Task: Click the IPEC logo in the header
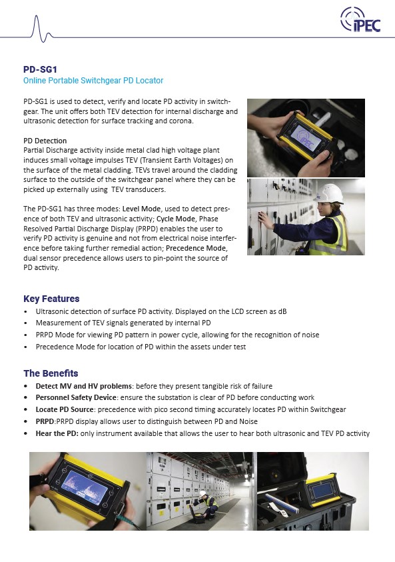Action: (x=360, y=19)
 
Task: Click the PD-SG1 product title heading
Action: (x=40, y=69)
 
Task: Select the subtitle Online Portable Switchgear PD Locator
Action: (x=93, y=81)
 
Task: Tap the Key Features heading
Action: (x=51, y=299)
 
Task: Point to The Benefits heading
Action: (x=51, y=373)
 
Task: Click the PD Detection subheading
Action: (x=45, y=141)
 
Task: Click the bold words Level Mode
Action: (x=141, y=209)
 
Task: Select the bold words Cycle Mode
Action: (x=176, y=219)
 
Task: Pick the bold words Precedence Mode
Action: (x=197, y=248)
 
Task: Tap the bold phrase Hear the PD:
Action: (x=57, y=433)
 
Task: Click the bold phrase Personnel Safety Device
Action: (x=76, y=397)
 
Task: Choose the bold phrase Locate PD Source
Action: (x=65, y=409)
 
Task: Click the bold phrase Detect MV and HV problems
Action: (x=83, y=386)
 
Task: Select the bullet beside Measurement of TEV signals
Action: (x=25, y=323)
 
